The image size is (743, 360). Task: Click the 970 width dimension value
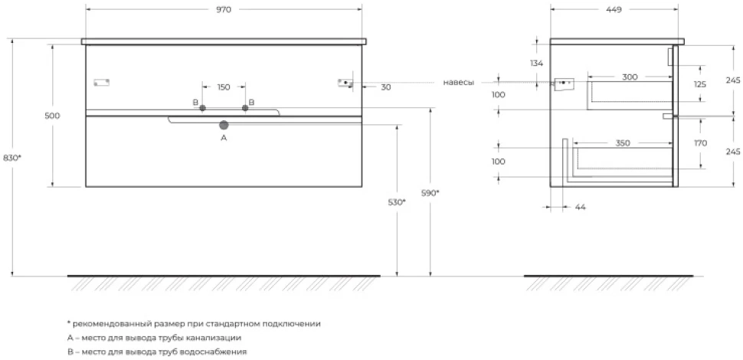point(224,10)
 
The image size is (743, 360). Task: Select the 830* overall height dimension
point(11,159)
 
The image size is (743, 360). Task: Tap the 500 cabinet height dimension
point(53,116)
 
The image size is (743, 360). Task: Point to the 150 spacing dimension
point(224,87)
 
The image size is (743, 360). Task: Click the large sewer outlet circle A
point(224,125)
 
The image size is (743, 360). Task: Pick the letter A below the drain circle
point(224,138)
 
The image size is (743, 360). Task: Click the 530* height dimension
point(397,202)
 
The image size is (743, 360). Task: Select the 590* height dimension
point(430,193)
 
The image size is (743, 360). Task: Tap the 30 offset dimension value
point(386,87)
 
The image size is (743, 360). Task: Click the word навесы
point(458,83)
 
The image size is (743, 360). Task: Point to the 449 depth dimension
point(614,10)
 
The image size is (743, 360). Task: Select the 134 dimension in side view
point(537,63)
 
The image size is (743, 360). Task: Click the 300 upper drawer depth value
point(630,77)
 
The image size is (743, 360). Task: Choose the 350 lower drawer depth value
point(623,143)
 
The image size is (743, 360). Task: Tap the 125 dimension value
point(700,84)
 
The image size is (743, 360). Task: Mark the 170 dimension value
point(700,143)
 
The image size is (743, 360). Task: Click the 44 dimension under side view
point(581,207)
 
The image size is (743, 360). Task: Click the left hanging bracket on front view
point(101,83)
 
